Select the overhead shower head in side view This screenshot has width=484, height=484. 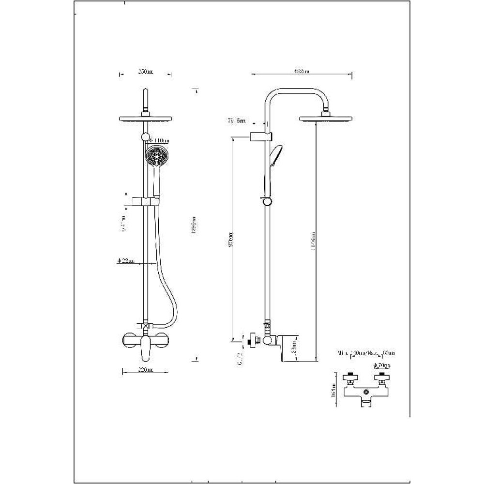tap(326, 119)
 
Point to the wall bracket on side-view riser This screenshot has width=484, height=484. tap(261, 137)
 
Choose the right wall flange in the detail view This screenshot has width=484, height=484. tap(382, 377)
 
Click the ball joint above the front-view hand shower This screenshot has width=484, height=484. tap(145, 137)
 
